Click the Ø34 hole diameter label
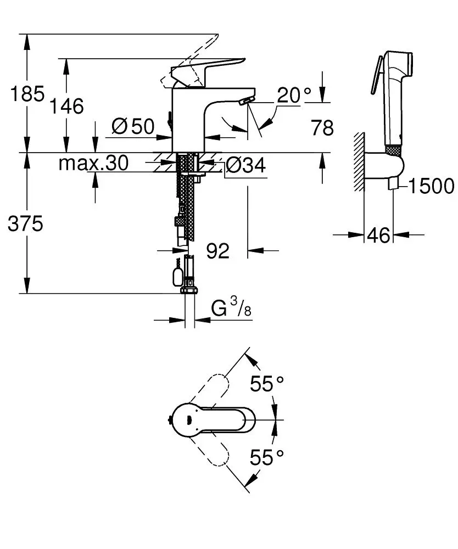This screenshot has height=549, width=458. point(245,164)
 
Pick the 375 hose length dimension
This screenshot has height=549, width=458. point(25,223)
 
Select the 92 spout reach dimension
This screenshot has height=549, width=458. point(218,251)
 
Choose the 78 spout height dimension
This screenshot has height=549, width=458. point(322,128)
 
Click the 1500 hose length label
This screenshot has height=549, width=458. point(431,187)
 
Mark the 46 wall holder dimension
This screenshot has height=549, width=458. point(378,236)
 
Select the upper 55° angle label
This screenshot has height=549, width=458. point(267,384)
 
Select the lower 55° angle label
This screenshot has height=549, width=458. point(267,457)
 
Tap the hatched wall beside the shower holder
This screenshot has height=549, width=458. point(360,162)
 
